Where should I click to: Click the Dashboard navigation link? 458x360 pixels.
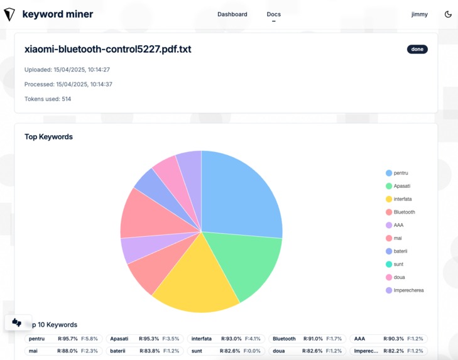point(232,14)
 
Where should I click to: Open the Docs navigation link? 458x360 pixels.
point(273,14)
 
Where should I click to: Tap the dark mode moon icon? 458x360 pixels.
point(448,14)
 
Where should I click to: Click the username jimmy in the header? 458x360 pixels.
point(419,14)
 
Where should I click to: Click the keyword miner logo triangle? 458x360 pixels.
point(9,14)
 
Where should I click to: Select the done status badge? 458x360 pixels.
point(417,49)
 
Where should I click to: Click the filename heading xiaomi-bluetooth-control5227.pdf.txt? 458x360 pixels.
point(107,49)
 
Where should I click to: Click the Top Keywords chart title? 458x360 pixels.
point(48,136)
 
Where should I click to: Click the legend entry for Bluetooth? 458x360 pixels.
point(403,212)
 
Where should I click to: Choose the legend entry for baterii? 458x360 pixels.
point(400,251)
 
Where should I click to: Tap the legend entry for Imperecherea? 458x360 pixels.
point(407,290)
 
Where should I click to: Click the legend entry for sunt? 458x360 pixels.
point(398,265)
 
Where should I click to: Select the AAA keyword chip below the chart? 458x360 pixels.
point(387,339)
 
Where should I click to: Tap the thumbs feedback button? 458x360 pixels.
point(17,322)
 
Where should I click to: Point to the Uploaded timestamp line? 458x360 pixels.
point(67,70)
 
